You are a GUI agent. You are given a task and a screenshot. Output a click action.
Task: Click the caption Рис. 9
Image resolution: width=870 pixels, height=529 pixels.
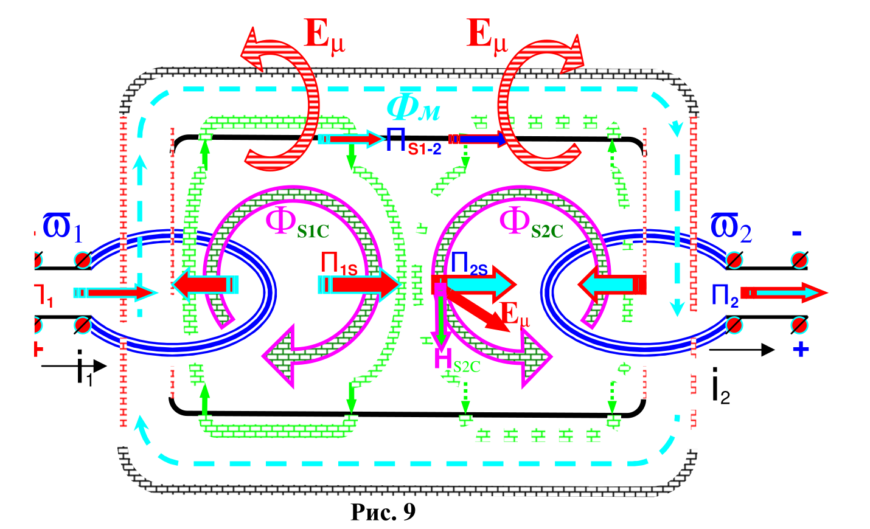pos(383,512)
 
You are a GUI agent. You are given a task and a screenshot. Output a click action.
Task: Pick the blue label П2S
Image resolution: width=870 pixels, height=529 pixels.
pos(468,264)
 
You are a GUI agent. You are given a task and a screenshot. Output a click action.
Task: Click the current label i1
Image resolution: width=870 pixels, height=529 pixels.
pos(84,370)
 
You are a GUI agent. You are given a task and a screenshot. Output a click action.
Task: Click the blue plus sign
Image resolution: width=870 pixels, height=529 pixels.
pos(801,350)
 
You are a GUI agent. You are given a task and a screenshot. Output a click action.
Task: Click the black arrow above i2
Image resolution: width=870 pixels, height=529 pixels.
pos(742,350)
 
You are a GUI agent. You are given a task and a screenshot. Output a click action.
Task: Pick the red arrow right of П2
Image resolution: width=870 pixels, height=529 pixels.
pos(784,292)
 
